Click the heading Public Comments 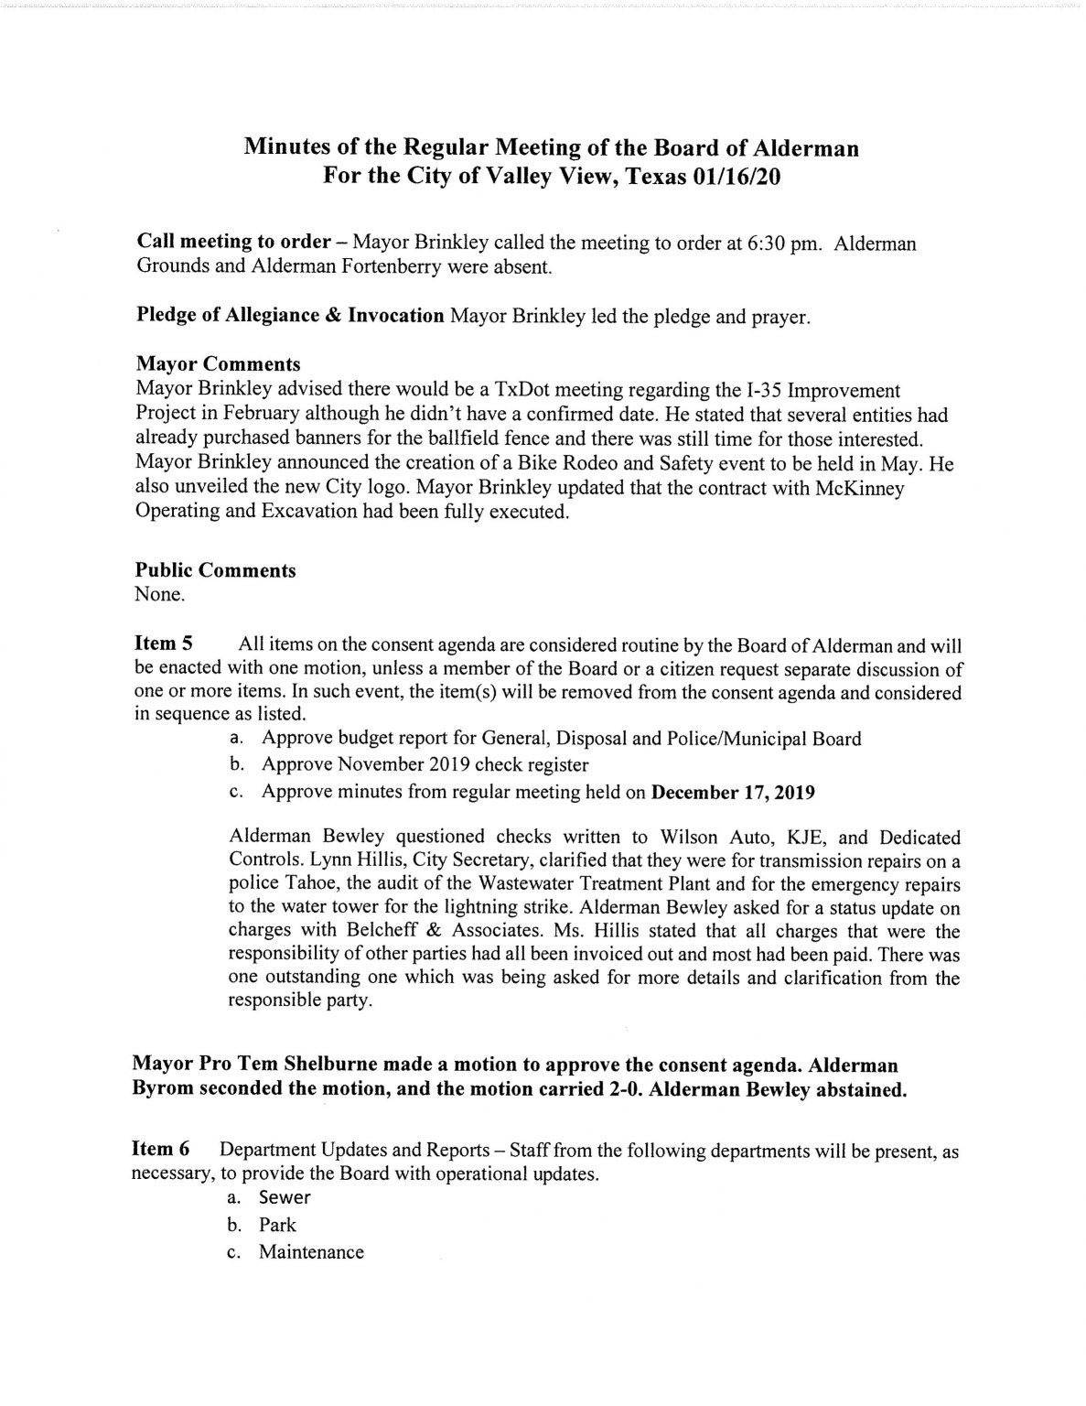216,570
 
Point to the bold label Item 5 162,644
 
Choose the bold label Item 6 161,1149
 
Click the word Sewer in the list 285,1196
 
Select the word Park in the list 277,1224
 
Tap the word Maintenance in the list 311,1251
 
